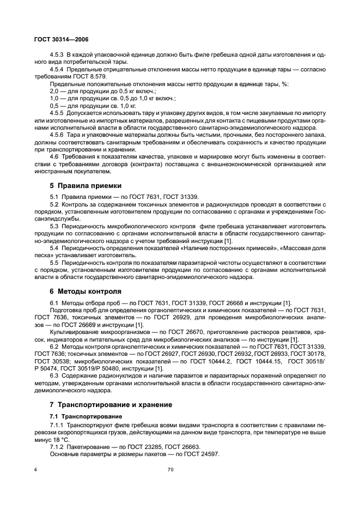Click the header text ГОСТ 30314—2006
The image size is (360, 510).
click(x=61, y=40)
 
